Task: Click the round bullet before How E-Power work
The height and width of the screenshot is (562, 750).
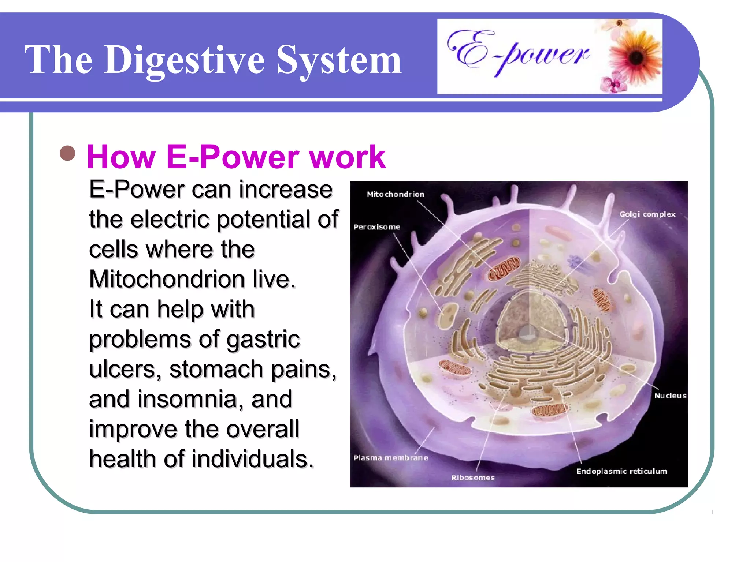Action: coord(67,153)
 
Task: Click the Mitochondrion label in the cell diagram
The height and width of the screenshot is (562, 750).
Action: coord(396,194)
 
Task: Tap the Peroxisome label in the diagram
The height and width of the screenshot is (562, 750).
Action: coord(376,227)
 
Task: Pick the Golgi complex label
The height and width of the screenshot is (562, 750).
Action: coord(647,214)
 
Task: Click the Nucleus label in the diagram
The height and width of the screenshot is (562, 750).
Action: coord(670,396)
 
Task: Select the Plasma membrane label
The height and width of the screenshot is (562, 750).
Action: coord(390,458)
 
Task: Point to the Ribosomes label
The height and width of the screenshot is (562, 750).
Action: coord(472,477)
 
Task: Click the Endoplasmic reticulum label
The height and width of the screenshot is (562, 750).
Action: coord(621,471)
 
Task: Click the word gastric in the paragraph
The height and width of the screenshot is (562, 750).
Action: coord(263,340)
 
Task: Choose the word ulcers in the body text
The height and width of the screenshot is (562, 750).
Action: coord(125,370)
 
